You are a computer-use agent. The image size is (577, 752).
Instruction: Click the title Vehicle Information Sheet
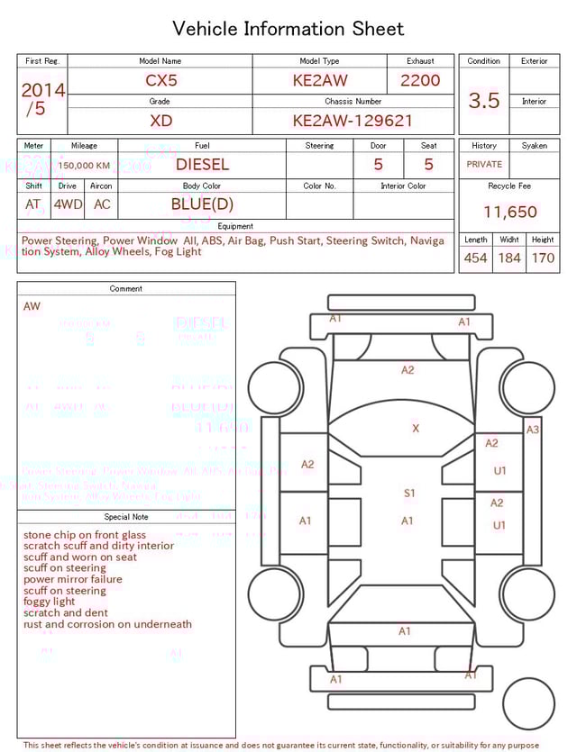(288, 29)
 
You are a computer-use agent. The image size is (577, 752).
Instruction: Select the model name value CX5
(161, 80)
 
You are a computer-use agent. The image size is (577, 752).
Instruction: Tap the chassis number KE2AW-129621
(353, 120)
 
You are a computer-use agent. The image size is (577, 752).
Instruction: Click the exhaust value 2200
(420, 80)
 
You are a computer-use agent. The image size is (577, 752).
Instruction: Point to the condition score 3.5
(484, 101)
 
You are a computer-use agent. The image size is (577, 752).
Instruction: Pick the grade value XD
(161, 120)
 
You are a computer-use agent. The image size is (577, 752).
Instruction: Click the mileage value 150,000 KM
(84, 166)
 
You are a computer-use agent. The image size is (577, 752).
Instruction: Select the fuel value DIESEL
(202, 165)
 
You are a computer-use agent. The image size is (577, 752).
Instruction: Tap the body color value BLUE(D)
(202, 204)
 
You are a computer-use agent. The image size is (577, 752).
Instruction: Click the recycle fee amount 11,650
(510, 213)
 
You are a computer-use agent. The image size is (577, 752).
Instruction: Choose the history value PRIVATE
(484, 165)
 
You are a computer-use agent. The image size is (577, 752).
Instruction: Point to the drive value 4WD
(68, 204)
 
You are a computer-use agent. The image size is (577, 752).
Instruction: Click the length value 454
(475, 258)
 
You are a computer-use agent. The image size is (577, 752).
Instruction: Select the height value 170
(543, 258)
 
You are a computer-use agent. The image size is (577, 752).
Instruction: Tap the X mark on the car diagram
(416, 429)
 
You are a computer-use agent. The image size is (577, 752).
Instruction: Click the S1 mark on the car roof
(409, 494)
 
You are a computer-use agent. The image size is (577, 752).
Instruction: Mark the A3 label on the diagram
(533, 430)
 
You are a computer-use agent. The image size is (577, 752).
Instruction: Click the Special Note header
(126, 517)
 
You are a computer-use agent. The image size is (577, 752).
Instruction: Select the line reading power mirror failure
(72, 580)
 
